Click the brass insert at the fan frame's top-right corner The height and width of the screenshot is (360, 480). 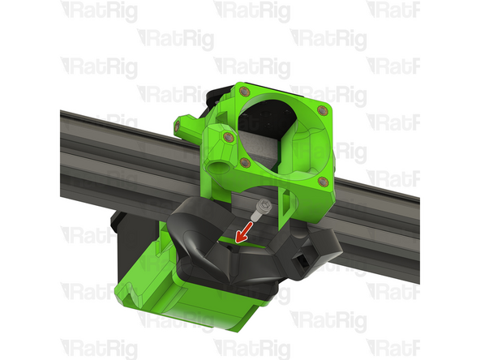point(323,109)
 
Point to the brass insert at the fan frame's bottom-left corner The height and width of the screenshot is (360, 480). point(243,162)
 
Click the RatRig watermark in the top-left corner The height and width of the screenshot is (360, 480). point(101,11)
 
